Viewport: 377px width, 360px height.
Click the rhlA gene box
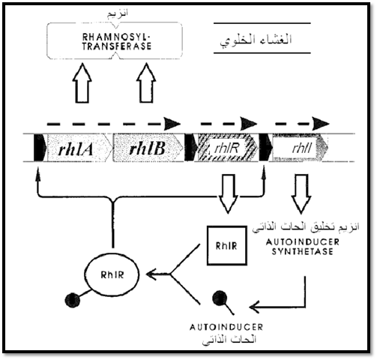tap(79, 148)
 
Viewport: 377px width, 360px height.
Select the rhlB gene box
tap(148, 148)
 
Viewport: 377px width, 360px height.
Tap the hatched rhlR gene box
tap(226, 148)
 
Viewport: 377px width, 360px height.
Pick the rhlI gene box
tap(300, 148)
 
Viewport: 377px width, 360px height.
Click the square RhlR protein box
tap(226, 245)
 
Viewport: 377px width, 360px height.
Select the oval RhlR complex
tap(112, 274)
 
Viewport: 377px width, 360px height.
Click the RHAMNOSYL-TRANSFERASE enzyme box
tap(115, 41)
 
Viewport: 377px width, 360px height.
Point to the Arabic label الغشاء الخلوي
tap(256, 39)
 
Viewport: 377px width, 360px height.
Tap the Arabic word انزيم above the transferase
tap(118, 13)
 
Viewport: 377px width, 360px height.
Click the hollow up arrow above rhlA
tap(82, 83)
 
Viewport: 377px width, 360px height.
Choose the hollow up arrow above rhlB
tap(146, 83)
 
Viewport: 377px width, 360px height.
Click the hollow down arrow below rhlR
tap(229, 193)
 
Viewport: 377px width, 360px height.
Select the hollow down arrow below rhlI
tap(301, 193)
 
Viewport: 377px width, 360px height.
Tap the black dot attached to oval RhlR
tap(73, 300)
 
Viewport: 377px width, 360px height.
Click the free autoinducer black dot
tap(220, 298)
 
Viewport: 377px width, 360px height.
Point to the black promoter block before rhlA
tap(40, 148)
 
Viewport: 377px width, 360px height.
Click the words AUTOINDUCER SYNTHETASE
tap(302, 247)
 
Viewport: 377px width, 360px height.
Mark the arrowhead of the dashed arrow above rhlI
tap(321, 123)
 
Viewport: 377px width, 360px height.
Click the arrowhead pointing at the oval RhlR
tap(153, 274)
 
